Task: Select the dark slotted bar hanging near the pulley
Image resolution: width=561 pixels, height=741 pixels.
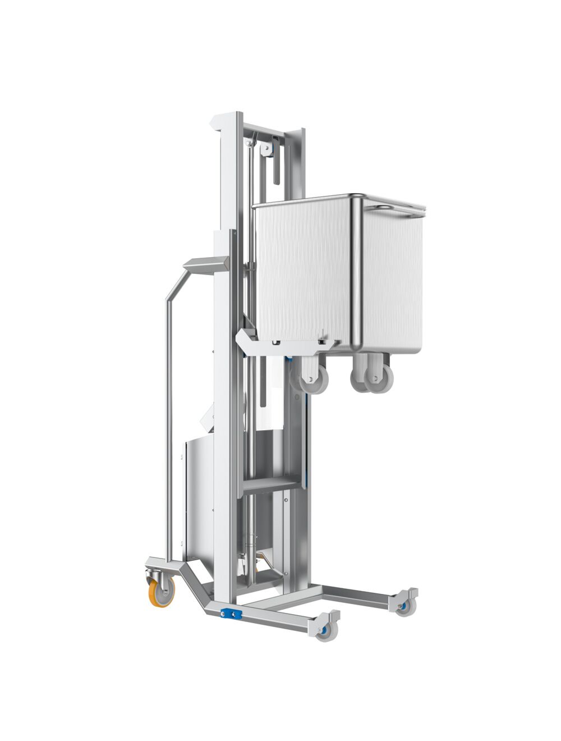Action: tap(277, 168)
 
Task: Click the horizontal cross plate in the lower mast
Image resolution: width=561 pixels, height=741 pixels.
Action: tap(269, 484)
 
